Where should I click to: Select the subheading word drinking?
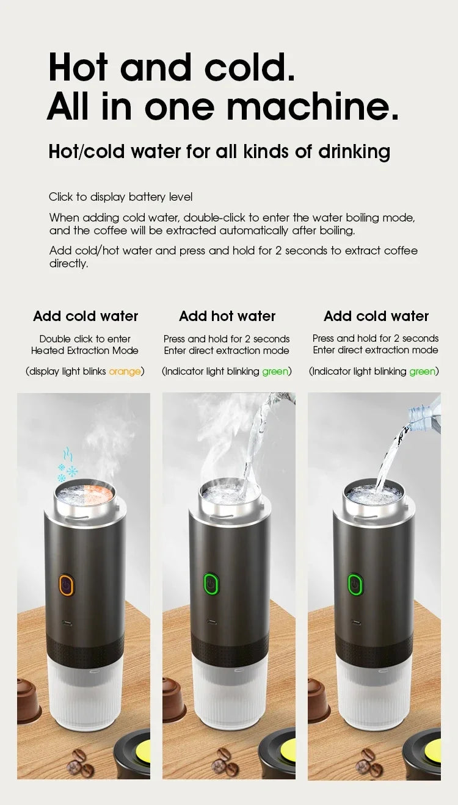tap(354, 152)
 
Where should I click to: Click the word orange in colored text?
tap(125, 371)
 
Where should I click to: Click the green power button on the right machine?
tap(354, 584)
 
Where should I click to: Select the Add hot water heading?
tap(227, 316)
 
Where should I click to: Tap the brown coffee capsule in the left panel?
tap(27, 699)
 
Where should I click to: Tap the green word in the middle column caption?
tap(275, 371)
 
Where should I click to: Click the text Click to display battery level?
tap(120, 197)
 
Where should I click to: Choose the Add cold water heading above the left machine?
tap(85, 316)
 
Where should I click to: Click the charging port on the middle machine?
tap(211, 622)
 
